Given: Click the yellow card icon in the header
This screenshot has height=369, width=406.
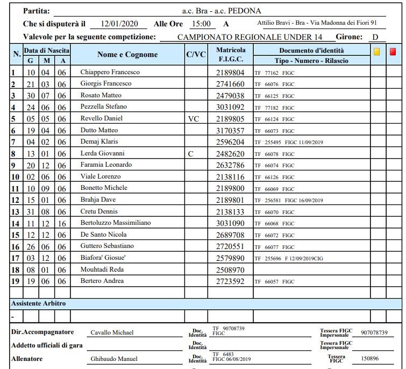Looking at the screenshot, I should pos(377,52).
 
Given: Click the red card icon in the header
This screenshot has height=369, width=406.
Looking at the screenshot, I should pos(393,52).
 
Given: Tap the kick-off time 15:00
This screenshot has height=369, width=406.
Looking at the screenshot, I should pos(201,24).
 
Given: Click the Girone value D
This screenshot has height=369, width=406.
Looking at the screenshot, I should pos(376,37).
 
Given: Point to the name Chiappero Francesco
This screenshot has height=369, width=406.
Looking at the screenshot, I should pos(110,72).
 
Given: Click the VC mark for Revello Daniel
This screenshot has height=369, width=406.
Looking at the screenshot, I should pos(194,118).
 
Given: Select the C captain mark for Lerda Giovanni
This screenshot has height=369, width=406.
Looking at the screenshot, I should pos(190,154).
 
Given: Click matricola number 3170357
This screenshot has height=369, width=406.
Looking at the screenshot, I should pos(230,131).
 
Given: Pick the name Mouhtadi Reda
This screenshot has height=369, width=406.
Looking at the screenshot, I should pos(102,269).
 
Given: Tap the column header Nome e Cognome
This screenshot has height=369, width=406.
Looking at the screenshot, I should pos(127,55).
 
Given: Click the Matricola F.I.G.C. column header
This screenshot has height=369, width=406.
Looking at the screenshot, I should pos(231,54).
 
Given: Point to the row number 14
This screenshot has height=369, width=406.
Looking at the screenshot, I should pos(16,223).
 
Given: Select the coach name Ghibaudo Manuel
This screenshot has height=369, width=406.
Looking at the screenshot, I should pos(113,359).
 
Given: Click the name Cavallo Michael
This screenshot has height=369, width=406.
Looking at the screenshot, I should pos(111,333).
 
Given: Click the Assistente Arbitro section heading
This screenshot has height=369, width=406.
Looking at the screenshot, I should pos(38,304).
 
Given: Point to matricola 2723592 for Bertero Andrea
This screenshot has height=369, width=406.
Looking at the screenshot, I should pos(230,281).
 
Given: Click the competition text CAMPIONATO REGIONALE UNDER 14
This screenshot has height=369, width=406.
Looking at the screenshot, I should pos(250,37).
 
